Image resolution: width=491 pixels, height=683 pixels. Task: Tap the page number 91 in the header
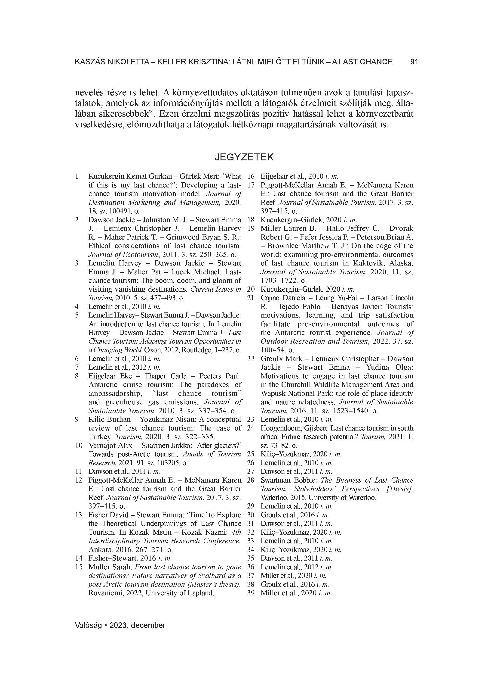[x=414, y=62]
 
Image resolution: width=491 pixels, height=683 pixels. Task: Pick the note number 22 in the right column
[x=251, y=359]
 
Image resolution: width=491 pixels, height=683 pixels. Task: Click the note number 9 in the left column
[x=77, y=419]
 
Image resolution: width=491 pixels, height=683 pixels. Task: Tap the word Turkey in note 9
[x=100, y=437]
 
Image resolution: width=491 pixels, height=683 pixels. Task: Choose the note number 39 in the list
[x=251, y=593]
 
